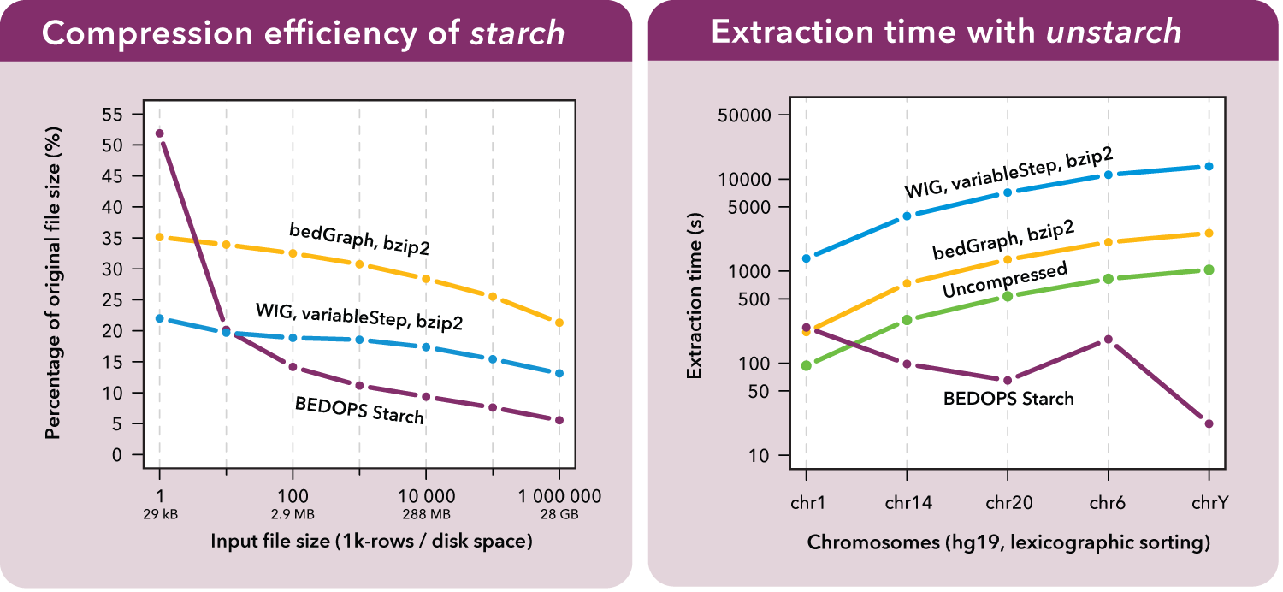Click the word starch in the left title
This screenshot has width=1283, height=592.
point(518,33)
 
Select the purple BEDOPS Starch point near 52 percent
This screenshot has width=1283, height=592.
point(159,133)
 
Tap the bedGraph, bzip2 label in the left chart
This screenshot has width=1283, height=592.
point(359,239)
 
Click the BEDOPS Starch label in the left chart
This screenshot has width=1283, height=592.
point(359,409)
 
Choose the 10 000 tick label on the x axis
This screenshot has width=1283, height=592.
point(426,496)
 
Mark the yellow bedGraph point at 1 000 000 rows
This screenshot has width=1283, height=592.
point(559,323)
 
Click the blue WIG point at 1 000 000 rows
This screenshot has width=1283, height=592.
point(559,373)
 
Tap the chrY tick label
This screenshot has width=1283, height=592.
point(1209,503)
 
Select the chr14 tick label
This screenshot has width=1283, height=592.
point(908,503)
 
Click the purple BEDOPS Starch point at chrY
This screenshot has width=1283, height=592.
point(1209,423)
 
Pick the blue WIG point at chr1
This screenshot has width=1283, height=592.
point(807,258)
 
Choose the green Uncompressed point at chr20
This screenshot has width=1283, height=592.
point(1008,296)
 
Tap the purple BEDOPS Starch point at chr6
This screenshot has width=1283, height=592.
point(1109,340)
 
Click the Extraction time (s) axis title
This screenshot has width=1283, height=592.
point(695,296)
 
